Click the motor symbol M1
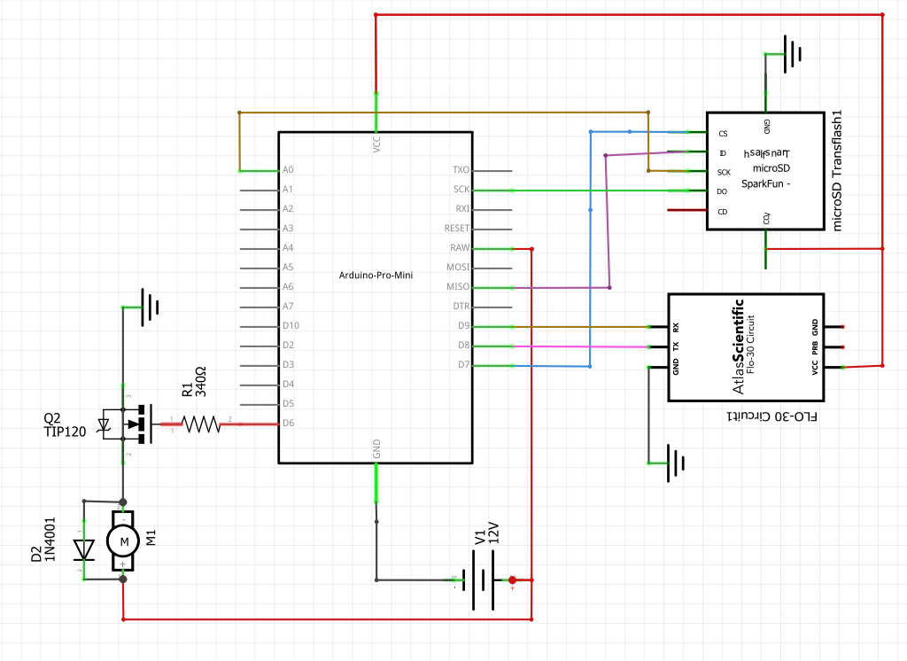(122, 540)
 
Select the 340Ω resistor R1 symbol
(201, 424)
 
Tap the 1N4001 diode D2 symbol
(85, 549)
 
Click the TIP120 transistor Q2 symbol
(133, 424)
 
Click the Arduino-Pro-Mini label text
(376, 276)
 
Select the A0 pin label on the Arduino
(287, 170)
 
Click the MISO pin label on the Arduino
(459, 287)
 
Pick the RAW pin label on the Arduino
(460, 248)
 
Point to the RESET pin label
(456, 229)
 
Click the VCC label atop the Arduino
(376, 144)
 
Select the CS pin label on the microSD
(723, 134)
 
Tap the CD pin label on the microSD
(723, 212)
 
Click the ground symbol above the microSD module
(792, 53)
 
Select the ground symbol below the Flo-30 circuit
(676, 463)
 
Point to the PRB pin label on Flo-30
(815, 346)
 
